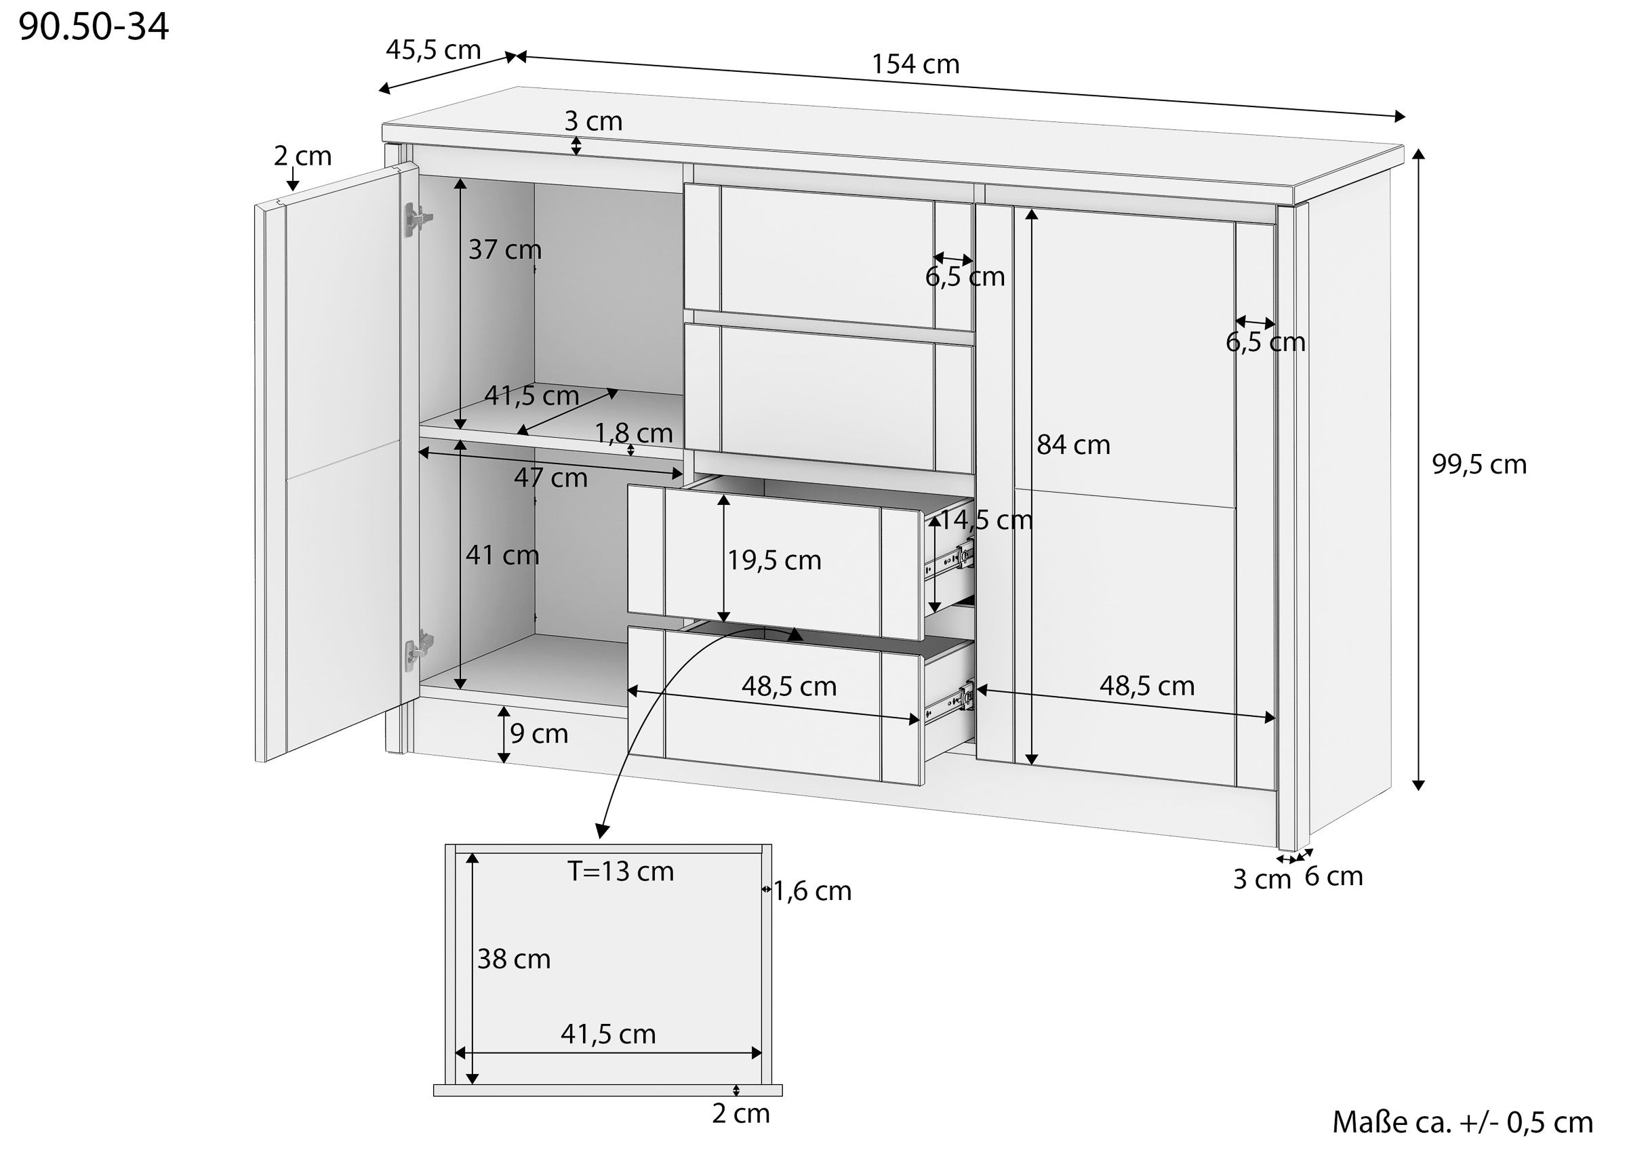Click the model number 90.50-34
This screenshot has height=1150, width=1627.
coord(94,27)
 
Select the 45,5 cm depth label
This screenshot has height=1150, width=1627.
coord(433,49)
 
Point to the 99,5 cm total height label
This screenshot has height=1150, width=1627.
coord(1479,464)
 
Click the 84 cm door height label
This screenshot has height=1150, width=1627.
coord(1073,445)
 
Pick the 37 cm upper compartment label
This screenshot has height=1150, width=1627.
coord(504,249)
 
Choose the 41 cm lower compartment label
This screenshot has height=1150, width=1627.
coord(502,555)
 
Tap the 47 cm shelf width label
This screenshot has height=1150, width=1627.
coord(550,478)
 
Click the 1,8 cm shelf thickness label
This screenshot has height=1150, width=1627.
coord(633,433)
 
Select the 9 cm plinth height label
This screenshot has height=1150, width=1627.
coord(539,734)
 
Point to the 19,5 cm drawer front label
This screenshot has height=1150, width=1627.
coord(775,560)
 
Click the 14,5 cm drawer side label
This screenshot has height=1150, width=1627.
coord(986,520)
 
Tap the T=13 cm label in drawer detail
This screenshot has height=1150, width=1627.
coord(621,871)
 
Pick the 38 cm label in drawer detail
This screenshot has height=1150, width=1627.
coord(514,960)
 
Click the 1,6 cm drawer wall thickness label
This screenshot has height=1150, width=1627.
coord(812,891)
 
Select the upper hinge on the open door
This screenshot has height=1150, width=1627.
coord(417,218)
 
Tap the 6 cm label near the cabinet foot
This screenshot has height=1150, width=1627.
coord(1333,876)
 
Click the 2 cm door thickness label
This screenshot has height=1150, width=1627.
coord(302,156)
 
